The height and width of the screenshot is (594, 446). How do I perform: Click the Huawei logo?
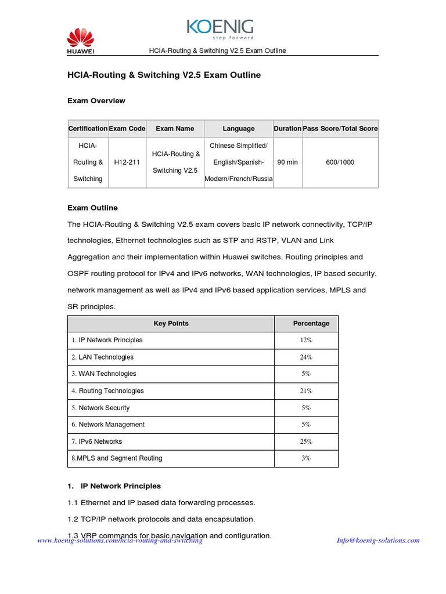[80, 42]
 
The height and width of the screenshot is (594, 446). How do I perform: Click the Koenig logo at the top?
[220, 29]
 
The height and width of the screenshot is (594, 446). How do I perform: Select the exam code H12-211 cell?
[127, 162]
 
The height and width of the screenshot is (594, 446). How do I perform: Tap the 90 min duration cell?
[287, 162]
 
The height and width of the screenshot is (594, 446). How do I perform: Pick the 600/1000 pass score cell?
[340, 162]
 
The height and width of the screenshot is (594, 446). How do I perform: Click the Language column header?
[238, 129]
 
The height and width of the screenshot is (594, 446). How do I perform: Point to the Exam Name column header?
[175, 129]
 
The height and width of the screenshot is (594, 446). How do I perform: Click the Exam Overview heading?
[96, 101]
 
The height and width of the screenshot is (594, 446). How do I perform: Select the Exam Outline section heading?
[92, 208]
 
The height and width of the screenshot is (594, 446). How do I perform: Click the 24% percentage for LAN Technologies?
[306, 357]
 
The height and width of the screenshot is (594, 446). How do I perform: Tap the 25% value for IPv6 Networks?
[306, 441]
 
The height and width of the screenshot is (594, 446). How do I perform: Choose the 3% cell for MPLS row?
[306, 458]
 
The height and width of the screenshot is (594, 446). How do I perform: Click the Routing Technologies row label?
[108, 391]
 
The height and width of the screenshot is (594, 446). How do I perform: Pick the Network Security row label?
[101, 408]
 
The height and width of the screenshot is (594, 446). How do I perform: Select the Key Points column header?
[171, 324]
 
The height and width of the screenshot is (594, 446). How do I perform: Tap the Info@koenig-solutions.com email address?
[378, 541]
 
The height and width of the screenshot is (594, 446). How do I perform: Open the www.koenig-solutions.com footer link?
[120, 541]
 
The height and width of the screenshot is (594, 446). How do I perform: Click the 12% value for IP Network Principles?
[306, 341]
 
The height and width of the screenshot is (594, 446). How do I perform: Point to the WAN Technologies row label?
[104, 374]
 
